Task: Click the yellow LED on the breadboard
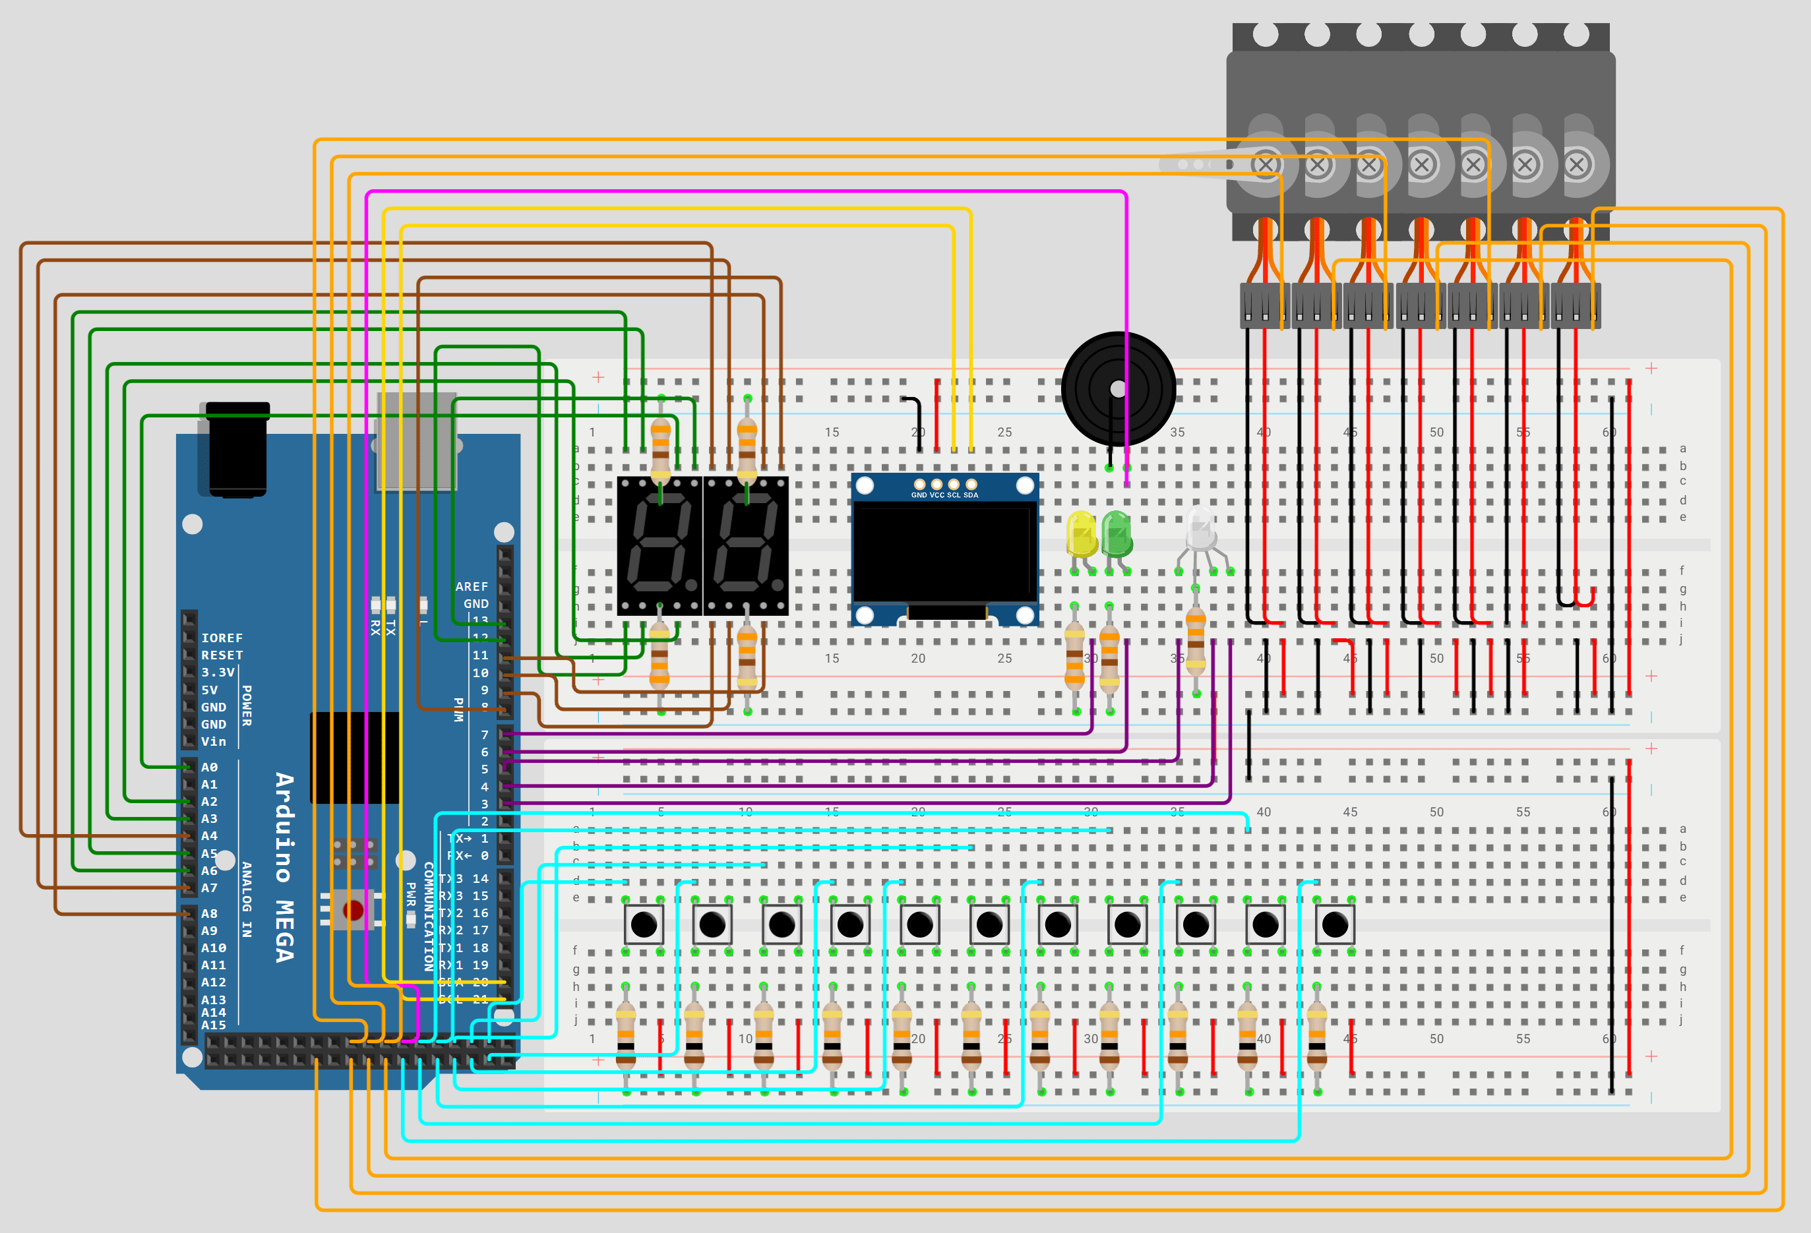[x=1082, y=533]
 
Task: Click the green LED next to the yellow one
[x=1117, y=533]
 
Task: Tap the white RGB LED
[x=1201, y=529]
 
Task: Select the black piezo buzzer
[x=1119, y=388]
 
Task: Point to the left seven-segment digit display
[x=660, y=546]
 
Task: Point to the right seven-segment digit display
[x=746, y=546]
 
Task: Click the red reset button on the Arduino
[x=353, y=910]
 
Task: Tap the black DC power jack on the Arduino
[x=237, y=450]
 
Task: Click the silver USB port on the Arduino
[x=416, y=442]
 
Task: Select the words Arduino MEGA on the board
[x=285, y=867]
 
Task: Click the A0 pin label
[x=209, y=767]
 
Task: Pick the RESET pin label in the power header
[x=222, y=655]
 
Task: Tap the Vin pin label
[x=214, y=742]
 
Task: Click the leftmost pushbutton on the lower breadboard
[x=644, y=925]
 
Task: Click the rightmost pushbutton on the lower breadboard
[x=1334, y=925]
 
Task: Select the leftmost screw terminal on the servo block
[x=1266, y=165]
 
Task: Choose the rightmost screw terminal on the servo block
[x=1576, y=165]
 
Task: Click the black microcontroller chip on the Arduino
[x=355, y=757]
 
